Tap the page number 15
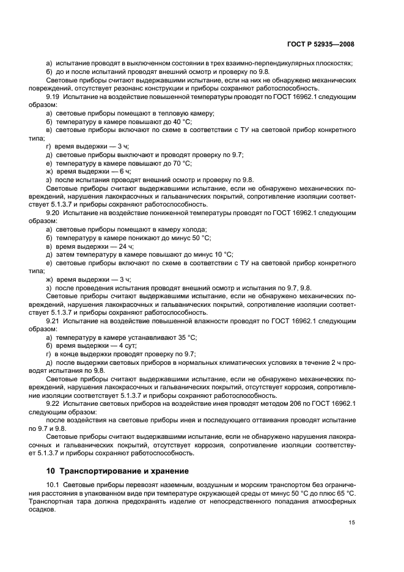click(351, 522)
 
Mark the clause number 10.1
click(54, 485)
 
